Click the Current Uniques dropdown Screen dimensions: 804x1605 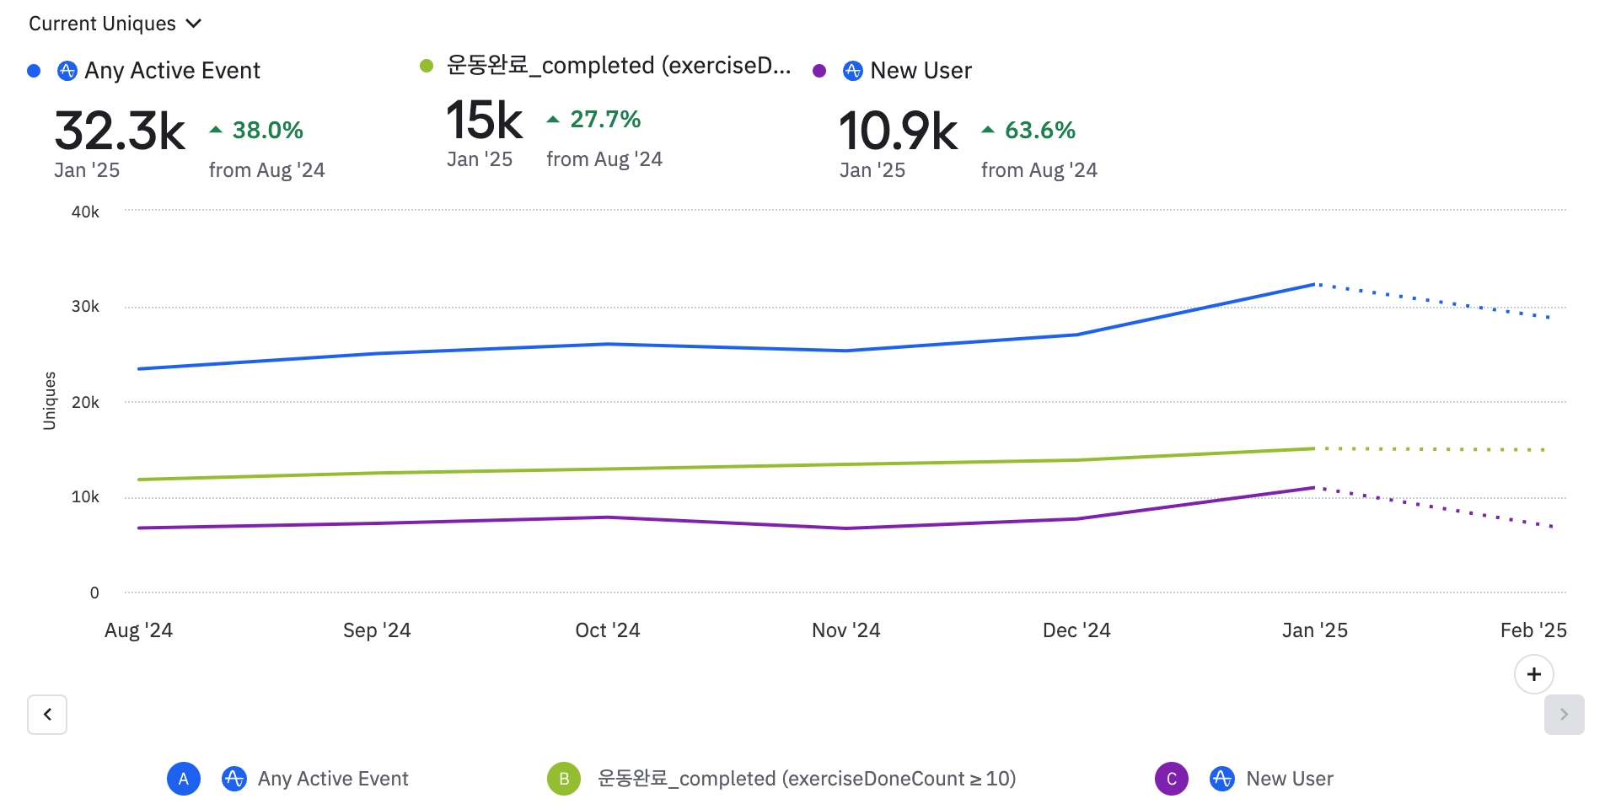[x=115, y=24]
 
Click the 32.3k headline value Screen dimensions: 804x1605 [x=120, y=131]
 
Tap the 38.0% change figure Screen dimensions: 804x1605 [x=267, y=131]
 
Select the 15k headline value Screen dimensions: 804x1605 [x=484, y=121]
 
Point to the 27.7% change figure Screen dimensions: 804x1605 [x=604, y=120]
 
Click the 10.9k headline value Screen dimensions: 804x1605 [x=898, y=131]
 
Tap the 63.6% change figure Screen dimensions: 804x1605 [x=1039, y=131]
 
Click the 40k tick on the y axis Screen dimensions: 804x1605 [x=85, y=212]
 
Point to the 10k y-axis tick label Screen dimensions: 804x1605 [x=85, y=497]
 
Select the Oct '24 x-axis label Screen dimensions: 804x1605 [x=607, y=630]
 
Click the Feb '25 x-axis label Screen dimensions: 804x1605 [x=1533, y=630]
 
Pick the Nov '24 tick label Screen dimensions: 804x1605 [x=845, y=630]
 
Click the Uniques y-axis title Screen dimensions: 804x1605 [x=50, y=400]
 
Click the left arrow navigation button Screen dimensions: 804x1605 [x=47, y=715]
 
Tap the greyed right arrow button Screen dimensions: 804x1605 [x=1564, y=715]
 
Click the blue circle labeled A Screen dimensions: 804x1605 [x=184, y=779]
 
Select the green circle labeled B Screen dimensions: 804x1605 [x=564, y=779]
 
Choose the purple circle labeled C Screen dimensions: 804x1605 [x=1172, y=779]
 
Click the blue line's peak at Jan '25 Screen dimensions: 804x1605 [x=1314, y=285]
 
